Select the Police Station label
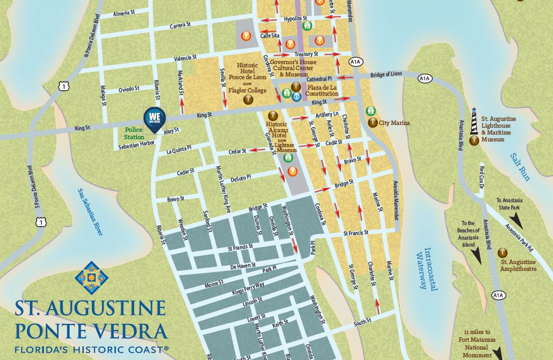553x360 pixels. point(134,133)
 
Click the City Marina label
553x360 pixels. point(394,123)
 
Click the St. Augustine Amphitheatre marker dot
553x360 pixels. point(503,253)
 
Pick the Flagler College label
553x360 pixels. point(247,90)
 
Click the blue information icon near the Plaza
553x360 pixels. point(296,96)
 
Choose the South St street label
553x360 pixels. point(362,324)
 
